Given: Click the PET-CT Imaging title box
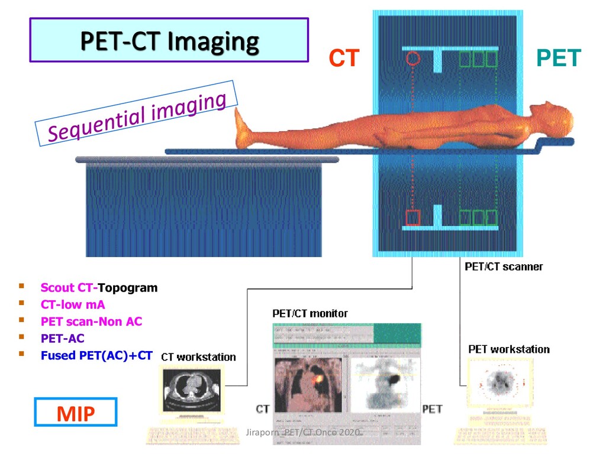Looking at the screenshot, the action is click(x=169, y=40).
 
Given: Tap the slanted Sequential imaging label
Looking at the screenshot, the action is click(x=137, y=118).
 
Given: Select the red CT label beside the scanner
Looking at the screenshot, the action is click(x=344, y=59).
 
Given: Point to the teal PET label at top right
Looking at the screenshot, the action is click(x=559, y=59).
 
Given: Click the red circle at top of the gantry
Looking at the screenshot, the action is click(x=413, y=58).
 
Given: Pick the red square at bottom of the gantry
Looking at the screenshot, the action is click(x=413, y=218).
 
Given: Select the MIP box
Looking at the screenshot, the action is click(x=76, y=412).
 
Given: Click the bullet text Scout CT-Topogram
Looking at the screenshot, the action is click(x=99, y=288).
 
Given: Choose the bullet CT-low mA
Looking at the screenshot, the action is click(x=73, y=305).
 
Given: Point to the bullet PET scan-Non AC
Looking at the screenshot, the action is click(x=91, y=322).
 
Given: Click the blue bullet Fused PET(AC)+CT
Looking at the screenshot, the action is click(x=96, y=356).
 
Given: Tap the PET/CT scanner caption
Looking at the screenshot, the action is click(x=504, y=267).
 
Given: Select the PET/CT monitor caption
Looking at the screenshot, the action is click(x=310, y=313).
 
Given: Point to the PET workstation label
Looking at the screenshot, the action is click(x=509, y=349).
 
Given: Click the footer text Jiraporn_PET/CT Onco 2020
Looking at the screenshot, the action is click(x=303, y=433).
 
